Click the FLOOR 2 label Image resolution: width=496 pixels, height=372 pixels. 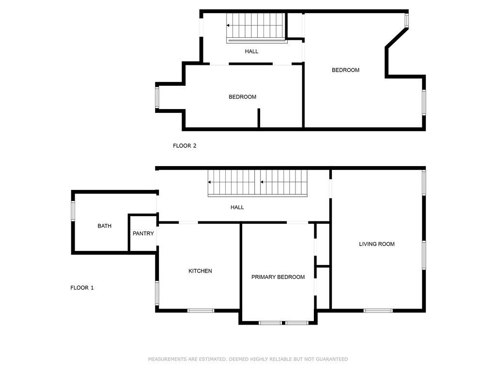tap(185, 145)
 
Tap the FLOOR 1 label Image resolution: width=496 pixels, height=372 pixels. tap(82, 288)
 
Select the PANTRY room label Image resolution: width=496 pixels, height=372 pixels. tap(143, 233)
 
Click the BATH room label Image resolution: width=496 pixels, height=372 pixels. tap(105, 226)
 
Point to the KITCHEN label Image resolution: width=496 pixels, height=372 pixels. tap(200, 271)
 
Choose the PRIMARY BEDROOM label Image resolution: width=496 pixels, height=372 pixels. tap(278, 277)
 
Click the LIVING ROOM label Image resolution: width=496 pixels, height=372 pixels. tap(376, 244)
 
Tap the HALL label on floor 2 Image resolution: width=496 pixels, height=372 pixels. tap(251, 51)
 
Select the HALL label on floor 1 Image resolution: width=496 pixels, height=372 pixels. tap(237, 207)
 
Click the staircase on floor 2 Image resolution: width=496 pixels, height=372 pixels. tap(257, 27)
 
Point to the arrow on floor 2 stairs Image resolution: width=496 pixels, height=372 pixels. tap(229, 26)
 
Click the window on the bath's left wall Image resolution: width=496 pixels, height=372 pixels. tap(73, 211)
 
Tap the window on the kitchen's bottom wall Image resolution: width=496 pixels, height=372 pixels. tap(201, 310)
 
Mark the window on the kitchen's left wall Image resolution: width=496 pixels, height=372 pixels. tap(157, 293)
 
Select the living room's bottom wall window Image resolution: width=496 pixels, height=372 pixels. tap(378, 310)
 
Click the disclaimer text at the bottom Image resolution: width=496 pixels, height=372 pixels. tap(248, 359)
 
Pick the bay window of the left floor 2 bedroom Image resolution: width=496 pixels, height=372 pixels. tap(157, 98)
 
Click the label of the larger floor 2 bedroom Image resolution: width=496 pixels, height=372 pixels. tap(345, 70)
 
